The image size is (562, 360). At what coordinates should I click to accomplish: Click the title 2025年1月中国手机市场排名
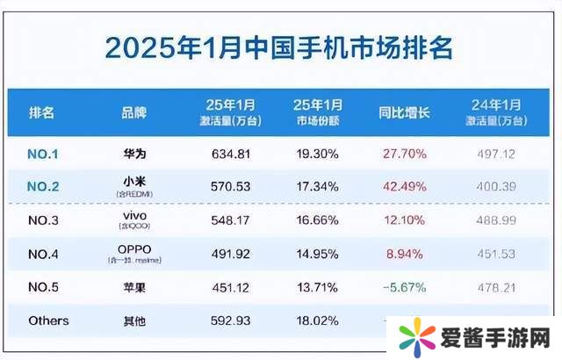coord(280,46)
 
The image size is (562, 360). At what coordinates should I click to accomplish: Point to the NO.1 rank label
coord(44,154)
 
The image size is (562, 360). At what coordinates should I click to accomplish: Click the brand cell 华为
coord(134,154)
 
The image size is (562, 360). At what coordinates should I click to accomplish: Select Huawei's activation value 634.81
coord(232,154)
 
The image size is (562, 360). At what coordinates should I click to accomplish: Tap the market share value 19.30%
coord(315,154)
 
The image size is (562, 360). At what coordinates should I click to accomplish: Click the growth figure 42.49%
coord(404,186)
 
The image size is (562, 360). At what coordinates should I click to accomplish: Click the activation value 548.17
coord(232,220)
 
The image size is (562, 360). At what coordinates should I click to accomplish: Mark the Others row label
coord(47,320)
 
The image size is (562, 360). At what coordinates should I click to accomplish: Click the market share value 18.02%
coord(315,320)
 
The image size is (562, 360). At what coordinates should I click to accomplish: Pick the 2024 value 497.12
coord(492,154)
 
